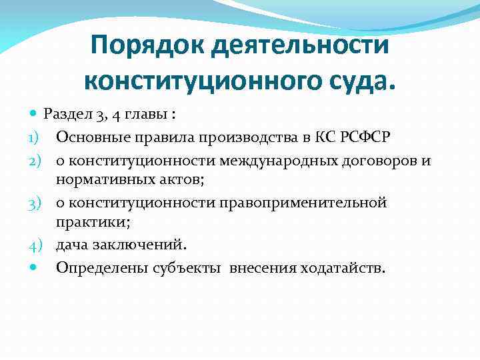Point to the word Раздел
(x=67, y=114)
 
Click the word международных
(x=282, y=161)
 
